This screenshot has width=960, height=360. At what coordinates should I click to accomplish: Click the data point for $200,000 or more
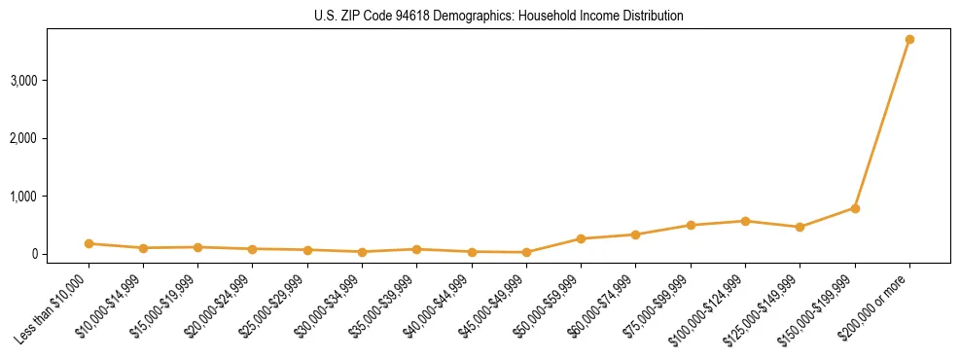(x=909, y=39)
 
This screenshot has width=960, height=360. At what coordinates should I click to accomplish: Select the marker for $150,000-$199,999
(x=855, y=208)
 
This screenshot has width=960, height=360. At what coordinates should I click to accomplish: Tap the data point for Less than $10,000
(x=89, y=243)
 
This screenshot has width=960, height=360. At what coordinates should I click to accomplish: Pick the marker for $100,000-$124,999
(x=745, y=221)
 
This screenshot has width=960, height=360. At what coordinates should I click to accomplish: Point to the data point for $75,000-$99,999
(x=691, y=225)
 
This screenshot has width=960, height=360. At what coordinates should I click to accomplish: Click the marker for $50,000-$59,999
(x=581, y=238)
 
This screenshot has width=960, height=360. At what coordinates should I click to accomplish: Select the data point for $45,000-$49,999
(x=526, y=252)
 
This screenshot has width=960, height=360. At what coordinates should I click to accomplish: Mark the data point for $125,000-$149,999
(x=800, y=227)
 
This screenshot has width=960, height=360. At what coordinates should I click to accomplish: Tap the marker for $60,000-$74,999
(x=635, y=234)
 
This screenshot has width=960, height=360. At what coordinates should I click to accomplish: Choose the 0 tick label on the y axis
(x=34, y=254)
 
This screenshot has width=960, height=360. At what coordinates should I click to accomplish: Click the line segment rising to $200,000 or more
(x=882, y=124)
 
